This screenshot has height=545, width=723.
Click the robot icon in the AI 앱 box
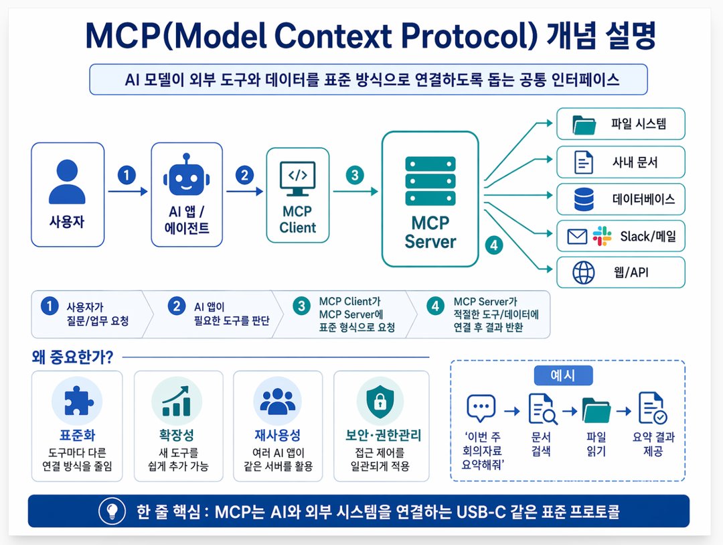(x=186, y=176)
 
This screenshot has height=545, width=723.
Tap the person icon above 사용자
(x=68, y=182)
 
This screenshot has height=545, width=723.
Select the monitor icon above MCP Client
(x=297, y=179)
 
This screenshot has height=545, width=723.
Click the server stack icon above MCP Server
(x=430, y=181)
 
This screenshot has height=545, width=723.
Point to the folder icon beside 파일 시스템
(x=584, y=125)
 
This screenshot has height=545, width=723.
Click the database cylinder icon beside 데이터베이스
(x=584, y=200)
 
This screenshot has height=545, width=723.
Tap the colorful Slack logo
(x=602, y=236)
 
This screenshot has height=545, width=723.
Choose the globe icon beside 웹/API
(x=584, y=272)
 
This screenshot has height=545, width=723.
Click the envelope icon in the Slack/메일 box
(x=577, y=237)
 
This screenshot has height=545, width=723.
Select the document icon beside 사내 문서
(x=583, y=163)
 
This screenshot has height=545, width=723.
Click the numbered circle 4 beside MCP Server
(x=494, y=245)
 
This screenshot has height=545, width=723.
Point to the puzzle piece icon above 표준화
(x=78, y=400)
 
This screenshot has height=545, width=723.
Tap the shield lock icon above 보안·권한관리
(x=380, y=400)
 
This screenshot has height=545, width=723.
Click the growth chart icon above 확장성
(x=177, y=401)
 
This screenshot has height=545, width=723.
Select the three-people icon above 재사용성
(x=278, y=400)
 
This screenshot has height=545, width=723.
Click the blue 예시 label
(x=563, y=375)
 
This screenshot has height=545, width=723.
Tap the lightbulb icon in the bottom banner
(x=112, y=511)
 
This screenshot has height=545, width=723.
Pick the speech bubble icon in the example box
(x=481, y=408)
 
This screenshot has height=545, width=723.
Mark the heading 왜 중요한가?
(x=72, y=357)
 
